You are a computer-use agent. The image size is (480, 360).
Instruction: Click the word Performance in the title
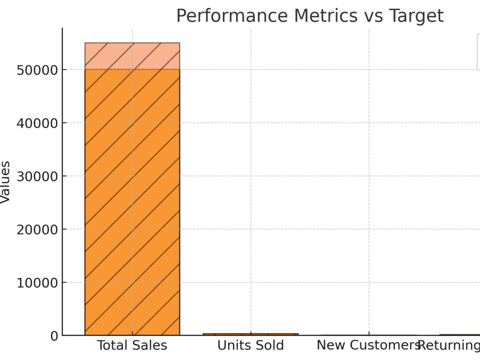pos(232,16)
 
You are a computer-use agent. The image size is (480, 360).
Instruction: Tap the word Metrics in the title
pos(326,15)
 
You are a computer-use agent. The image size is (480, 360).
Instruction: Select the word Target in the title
pos(416,16)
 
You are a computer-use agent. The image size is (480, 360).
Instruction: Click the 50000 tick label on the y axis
pos(37,70)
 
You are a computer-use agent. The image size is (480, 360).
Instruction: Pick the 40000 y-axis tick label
pos(37,123)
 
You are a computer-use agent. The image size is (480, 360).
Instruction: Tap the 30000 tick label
pos(37,177)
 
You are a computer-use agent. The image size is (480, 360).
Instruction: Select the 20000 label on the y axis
pos(37,229)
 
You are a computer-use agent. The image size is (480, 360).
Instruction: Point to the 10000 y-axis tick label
pos(37,283)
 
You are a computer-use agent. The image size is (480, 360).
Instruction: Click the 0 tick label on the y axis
pos(54,336)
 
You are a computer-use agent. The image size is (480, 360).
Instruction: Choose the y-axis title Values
pos(5,182)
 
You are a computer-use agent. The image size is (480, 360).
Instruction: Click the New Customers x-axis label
pos(369,345)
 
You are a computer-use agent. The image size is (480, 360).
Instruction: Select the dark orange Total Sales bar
pos(132,203)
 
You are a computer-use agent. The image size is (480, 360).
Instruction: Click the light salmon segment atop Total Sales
pos(132,56)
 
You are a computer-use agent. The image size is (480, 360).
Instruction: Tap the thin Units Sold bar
pos(251,334)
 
